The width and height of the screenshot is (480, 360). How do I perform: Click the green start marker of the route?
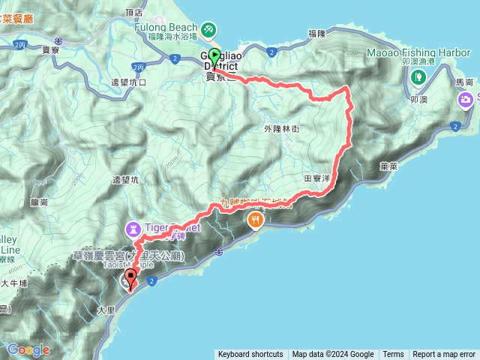pyautogui.click(x=214, y=56)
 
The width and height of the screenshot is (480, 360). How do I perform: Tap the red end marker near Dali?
pyautogui.click(x=131, y=280)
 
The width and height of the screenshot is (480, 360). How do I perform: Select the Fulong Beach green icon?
pyautogui.click(x=208, y=28)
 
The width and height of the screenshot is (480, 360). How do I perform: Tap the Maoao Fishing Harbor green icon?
pyautogui.click(x=418, y=77)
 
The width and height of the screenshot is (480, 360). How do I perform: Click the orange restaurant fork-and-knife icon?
pyautogui.click(x=256, y=220)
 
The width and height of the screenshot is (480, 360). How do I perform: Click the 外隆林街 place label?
pyautogui.click(x=281, y=129)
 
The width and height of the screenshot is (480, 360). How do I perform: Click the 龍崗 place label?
pyautogui.click(x=39, y=202)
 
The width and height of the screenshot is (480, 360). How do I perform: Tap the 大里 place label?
pyautogui.click(x=106, y=309)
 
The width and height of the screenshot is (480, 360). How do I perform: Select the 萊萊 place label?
pyautogui.click(x=388, y=166)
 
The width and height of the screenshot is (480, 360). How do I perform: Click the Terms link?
pyautogui.click(x=393, y=355)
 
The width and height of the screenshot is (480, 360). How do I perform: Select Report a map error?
pyautogui.click(x=445, y=355)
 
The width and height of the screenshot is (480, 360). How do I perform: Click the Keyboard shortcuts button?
pyautogui.click(x=250, y=355)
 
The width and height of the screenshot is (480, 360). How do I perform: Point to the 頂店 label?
pyautogui.click(x=135, y=13)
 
